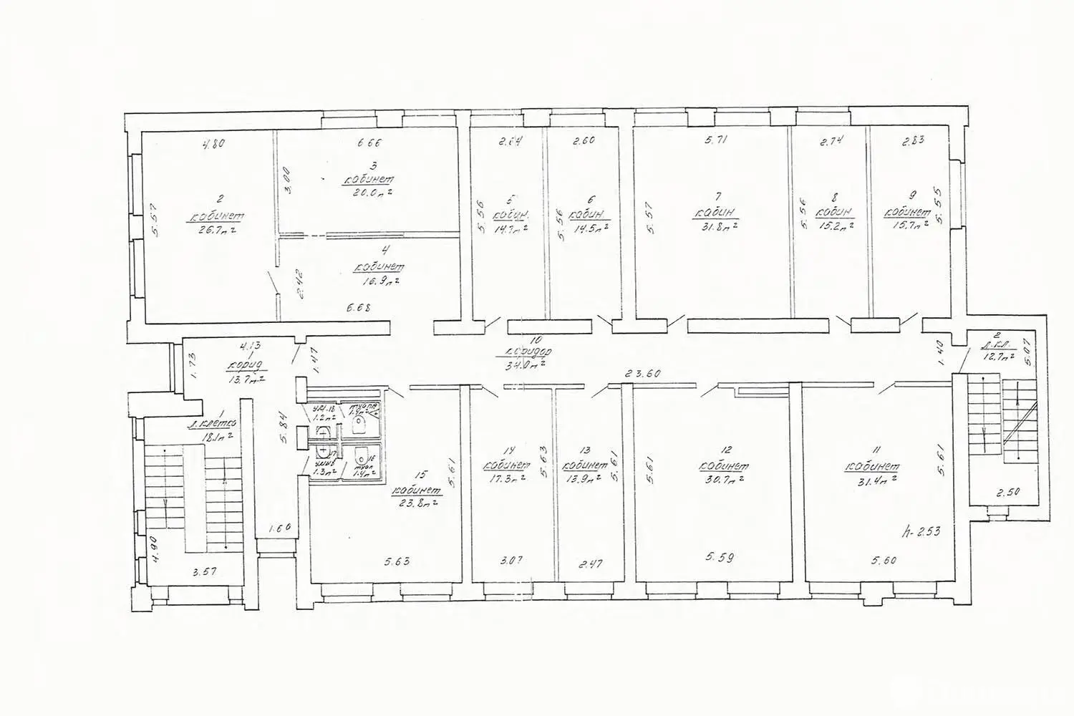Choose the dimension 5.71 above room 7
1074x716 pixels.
point(716,141)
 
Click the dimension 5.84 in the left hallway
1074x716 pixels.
point(285,427)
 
